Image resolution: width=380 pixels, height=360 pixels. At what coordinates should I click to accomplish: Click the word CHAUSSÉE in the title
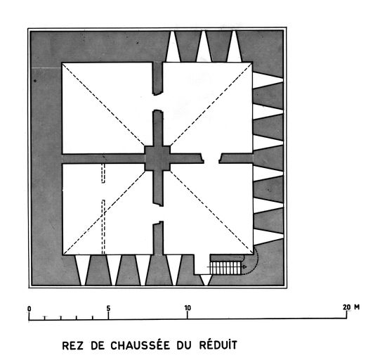pyautogui.click(x=140, y=345)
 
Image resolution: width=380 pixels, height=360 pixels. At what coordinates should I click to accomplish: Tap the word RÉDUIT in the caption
pyautogui.click(x=218, y=345)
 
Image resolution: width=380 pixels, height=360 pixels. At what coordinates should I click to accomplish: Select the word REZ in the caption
pyautogui.click(x=72, y=346)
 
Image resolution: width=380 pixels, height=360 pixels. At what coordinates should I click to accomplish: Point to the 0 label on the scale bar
pyautogui.click(x=30, y=309)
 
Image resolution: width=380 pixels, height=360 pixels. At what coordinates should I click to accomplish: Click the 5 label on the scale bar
pyautogui.click(x=108, y=309)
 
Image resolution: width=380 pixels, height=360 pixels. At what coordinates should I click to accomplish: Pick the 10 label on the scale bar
pyautogui.click(x=188, y=308)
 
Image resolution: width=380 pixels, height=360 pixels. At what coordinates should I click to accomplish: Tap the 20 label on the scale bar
pyautogui.click(x=346, y=307)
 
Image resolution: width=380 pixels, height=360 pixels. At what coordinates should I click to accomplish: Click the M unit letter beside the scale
pyautogui.click(x=357, y=307)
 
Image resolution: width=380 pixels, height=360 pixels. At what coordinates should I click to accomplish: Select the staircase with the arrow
pyautogui.click(x=226, y=268)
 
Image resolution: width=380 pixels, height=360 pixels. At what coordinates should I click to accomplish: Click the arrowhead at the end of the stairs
pyautogui.click(x=244, y=267)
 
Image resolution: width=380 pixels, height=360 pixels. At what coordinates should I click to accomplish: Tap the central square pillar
pyautogui.click(x=157, y=158)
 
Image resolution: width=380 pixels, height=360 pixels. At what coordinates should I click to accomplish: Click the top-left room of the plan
pyautogui.click(x=107, y=108)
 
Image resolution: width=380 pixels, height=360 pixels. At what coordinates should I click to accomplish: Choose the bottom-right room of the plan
pyautogui.click(x=208, y=209)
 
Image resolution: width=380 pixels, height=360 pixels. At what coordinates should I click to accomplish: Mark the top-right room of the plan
pyautogui.click(x=208, y=108)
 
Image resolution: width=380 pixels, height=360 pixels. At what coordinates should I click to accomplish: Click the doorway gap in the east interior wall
pyautogui.click(x=211, y=158)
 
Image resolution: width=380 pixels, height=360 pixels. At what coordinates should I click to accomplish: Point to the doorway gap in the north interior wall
pyautogui.click(x=158, y=102)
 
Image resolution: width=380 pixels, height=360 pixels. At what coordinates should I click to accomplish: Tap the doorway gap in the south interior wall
pyautogui.click(x=158, y=214)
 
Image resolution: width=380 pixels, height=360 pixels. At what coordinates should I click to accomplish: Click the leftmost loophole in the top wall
pyautogui.click(x=173, y=46)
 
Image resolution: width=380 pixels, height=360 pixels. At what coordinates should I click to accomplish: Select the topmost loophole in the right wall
pyautogui.click(x=268, y=80)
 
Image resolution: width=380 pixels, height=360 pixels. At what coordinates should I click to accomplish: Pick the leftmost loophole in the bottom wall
pyautogui.click(x=83, y=270)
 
